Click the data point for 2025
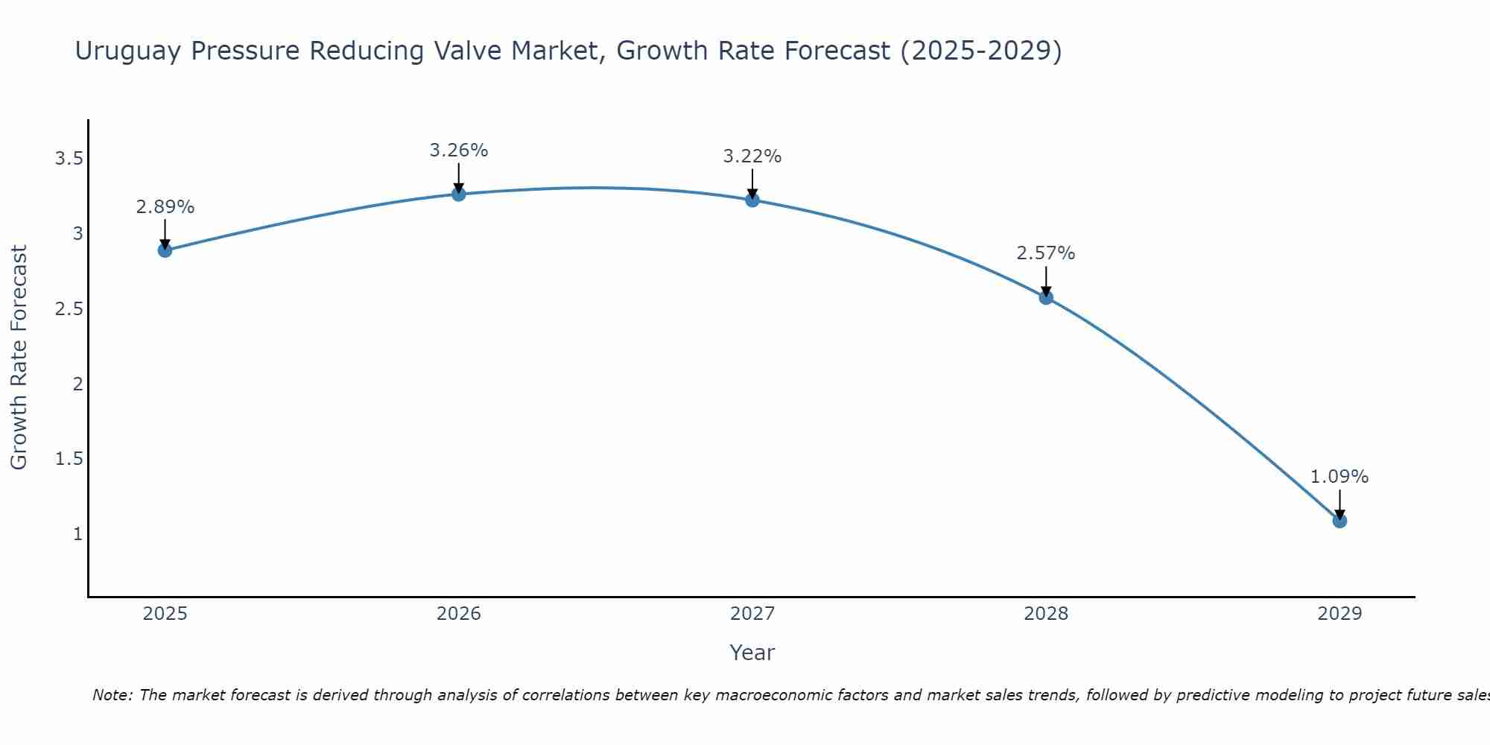click(x=165, y=250)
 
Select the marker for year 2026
click(x=459, y=194)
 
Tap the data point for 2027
click(x=752, y=200)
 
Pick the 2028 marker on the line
click(x=1046, y=298)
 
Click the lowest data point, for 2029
click(x=1340, y=521)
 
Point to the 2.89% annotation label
click(x=165, y=207)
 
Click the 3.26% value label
click(x=459, y=150)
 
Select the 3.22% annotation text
click(x=752, y=156)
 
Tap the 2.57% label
click(x=1046, y=253)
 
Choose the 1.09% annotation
click(x=1340, y=477)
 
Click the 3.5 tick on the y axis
click(x=69, y=159)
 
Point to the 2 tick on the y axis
click(x=77, y=384)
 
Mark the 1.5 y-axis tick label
click(x=69, y=459)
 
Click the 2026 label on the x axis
click(x=459, y=614)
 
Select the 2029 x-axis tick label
click(x=1340, y=614)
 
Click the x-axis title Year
click(x=752, y=653)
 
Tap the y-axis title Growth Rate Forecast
click(x=19, y=358)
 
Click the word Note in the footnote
click(x=112, y=695)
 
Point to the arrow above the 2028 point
click(x=1046, y=280)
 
